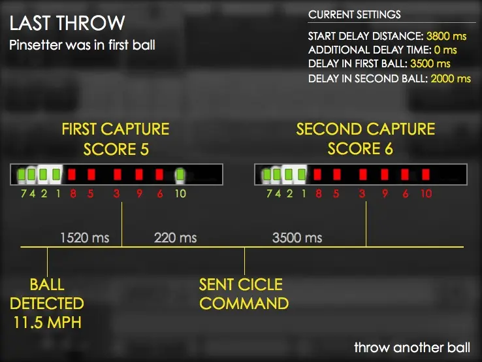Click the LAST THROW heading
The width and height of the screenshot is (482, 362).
(67, 23)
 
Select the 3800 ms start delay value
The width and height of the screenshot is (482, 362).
(446, 37)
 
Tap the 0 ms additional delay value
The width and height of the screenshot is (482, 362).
(445, 50)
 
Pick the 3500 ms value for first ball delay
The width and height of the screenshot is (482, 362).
(430, 63)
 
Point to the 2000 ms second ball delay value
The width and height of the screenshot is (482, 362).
(451, 78)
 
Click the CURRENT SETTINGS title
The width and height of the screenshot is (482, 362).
(355, 14)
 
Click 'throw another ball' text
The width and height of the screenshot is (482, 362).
(412, 348)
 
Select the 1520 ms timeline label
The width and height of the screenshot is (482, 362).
(85, 238)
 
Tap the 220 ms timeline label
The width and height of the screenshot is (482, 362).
(175, 238)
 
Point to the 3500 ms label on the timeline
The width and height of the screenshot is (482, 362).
(297, 238)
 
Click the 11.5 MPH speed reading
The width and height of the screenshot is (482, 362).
(48, 323)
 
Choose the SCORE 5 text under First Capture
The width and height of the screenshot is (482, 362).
(116, 150)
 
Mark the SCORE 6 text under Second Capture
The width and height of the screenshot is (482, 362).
(361, 149)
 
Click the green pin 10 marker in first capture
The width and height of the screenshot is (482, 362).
(180, 174)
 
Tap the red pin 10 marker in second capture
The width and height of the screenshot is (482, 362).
(426, 174)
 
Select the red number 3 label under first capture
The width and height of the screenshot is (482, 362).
(116, 194)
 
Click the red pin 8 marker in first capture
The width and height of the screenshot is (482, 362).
(72, 174)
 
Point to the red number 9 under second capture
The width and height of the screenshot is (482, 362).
(385, 194)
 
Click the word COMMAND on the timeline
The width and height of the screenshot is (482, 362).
(244, 304)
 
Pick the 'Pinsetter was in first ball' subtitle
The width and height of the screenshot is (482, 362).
(82, 45)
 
